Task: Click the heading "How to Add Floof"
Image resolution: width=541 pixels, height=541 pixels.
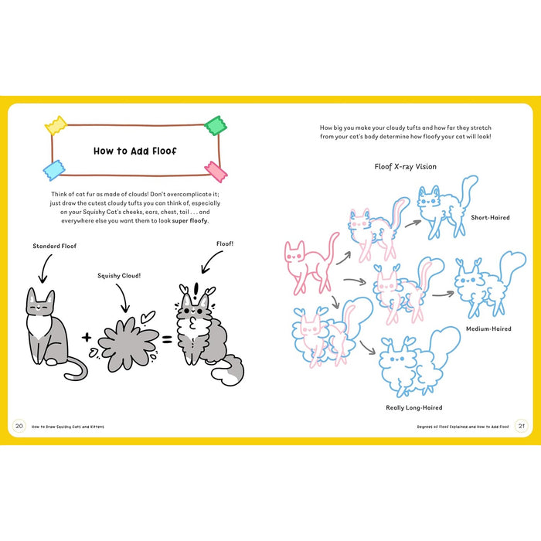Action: point(134,151)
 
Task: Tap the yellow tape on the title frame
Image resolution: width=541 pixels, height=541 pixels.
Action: point(55,125)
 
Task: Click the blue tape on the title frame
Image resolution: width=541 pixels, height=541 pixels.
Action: point(54,170)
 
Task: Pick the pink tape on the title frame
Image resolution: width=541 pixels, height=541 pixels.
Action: point(214,169)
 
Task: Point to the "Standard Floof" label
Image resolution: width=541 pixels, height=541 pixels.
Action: point(55,247)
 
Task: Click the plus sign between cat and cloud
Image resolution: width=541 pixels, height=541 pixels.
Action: point(86,337)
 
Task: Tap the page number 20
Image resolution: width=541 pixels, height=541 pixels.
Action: point(19,426)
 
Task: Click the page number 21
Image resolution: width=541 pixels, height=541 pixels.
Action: point(522,426)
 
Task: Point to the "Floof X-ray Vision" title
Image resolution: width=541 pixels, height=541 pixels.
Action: point(405,166)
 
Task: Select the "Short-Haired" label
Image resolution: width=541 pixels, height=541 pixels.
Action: point(490,217)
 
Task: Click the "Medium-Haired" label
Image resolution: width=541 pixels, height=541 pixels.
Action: point(488,328)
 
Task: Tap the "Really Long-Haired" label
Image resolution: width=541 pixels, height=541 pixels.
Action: point(413,407)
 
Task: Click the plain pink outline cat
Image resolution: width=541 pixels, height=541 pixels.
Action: point(308,263)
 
